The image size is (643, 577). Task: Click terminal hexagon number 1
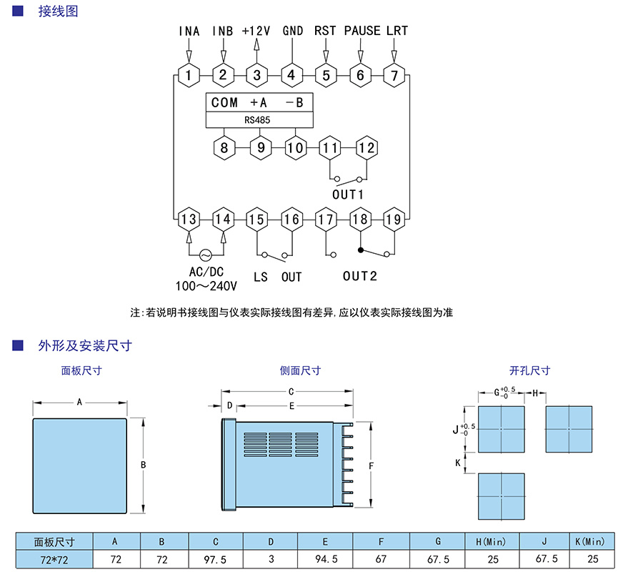189,75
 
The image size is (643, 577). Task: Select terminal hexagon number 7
394,75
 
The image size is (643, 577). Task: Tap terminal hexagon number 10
295,148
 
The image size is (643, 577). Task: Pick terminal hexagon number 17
326,220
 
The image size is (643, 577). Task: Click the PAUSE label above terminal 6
362,31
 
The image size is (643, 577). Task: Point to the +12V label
256,31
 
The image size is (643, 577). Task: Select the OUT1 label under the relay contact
348,194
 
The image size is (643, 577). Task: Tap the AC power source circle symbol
206,255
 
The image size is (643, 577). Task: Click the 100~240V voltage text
206,285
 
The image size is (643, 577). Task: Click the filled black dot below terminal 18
361,250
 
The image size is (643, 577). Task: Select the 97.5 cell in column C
215,560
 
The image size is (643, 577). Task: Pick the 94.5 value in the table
326,560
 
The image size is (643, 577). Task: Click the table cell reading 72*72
54,560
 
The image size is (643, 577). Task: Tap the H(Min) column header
492,541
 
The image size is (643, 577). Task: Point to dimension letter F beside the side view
372,465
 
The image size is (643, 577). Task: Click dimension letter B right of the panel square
143,465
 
